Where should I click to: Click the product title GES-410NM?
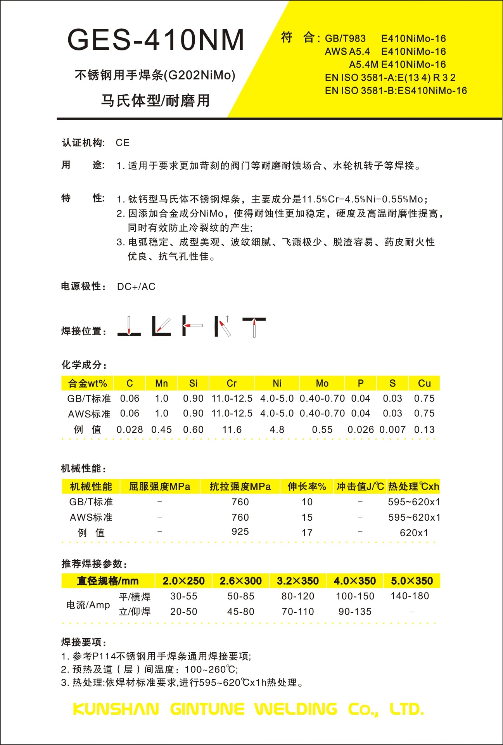156,40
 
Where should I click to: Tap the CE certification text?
123,143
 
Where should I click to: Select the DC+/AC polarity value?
136,287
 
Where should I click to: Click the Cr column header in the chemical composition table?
232,383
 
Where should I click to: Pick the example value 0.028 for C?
130,430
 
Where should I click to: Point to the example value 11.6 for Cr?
232,430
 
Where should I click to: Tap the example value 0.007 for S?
392,430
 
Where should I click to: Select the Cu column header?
424,383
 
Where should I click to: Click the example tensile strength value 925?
240,532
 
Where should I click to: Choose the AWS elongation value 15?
307,517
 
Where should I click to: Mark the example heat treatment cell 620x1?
414,533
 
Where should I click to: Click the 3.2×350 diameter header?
297,581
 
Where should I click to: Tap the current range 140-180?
410,596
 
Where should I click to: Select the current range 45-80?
240,612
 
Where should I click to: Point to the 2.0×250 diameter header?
183,581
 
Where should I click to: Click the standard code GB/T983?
345,38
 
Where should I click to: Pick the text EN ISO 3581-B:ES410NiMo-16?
396,91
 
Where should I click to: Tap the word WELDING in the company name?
296,709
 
